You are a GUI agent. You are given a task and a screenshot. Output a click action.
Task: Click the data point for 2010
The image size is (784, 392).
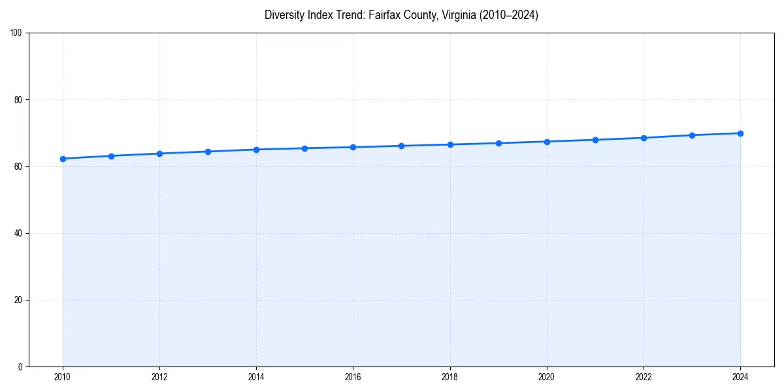[x=63, y=159]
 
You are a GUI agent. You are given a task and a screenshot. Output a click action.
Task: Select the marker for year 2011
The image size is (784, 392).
[x=111, y=156]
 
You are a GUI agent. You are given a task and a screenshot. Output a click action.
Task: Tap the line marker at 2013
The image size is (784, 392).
[x=208, y=152]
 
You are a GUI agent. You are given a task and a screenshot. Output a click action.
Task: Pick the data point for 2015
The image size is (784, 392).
[x=304, y=148]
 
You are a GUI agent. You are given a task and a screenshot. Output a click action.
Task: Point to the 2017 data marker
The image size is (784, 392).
[x=401, y=146]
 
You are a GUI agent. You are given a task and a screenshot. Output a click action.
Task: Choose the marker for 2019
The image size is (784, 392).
[x=498, y=143]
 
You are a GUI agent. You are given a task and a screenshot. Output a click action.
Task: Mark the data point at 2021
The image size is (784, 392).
[x=595, y=140]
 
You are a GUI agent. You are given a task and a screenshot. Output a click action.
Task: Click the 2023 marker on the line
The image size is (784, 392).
[x=692, y=135]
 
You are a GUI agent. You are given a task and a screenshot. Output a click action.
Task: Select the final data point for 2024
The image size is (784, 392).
[x=740, y=133]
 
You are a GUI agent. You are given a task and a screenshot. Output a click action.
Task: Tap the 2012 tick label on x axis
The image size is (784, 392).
[x=159, y=377]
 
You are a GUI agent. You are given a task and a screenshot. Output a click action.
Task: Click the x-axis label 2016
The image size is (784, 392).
[x=353, y=377]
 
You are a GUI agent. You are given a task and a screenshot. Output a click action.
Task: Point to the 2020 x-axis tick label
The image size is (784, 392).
[x=547, y=377]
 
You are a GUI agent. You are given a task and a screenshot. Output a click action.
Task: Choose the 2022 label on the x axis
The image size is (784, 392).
[x=644, y=377]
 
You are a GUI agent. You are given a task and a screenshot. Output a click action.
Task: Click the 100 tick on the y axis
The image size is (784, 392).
[x=16, y=33]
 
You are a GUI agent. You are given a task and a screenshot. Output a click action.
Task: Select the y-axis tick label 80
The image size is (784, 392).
[x=18, y=100]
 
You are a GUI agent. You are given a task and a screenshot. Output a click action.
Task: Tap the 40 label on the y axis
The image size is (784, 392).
[x=18, y=233]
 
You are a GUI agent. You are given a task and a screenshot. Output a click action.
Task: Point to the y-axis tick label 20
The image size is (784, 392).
[x=18, y=300]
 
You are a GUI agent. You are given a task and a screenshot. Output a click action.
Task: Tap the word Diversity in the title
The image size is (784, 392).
[x=285, y=15]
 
